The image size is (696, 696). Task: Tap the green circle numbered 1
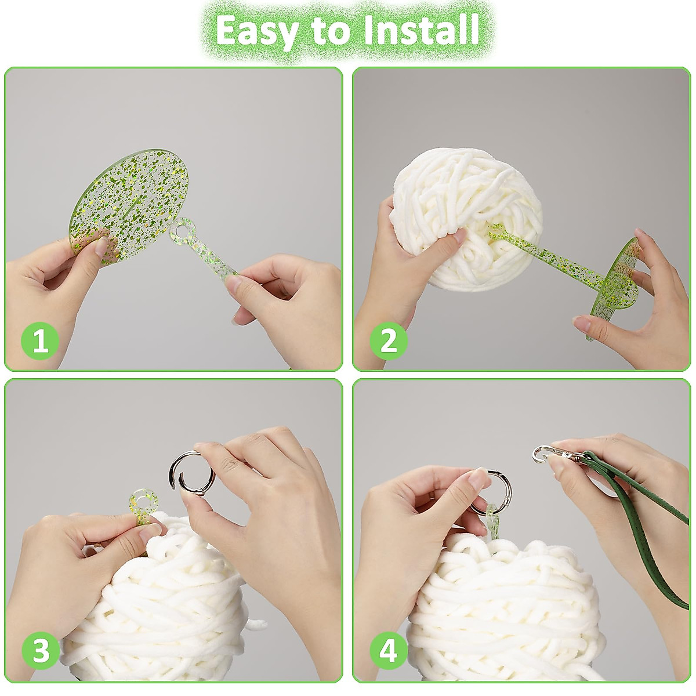click(41, 340)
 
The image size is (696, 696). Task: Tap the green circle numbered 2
click(389, 340)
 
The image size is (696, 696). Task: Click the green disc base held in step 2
click(615, 284)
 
